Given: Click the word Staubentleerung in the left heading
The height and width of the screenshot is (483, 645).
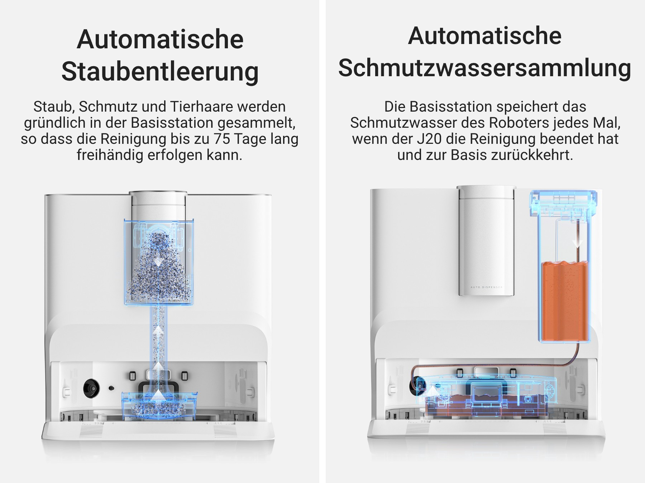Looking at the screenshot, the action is point(160,72).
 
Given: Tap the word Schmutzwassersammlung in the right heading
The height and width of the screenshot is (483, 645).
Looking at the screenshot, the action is point(485,68).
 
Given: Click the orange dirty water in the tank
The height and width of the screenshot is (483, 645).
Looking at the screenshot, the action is point(564,301).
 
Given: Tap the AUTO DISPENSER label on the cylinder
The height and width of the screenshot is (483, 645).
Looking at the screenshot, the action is point(486,287).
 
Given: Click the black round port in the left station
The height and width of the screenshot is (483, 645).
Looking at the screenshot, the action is point(91,388).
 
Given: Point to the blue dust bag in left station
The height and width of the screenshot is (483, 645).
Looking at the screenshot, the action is point(159,262).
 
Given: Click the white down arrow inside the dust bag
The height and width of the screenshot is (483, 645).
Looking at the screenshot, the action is point(158,261).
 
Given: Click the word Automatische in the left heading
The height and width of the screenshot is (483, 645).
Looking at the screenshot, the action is point(160,39).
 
